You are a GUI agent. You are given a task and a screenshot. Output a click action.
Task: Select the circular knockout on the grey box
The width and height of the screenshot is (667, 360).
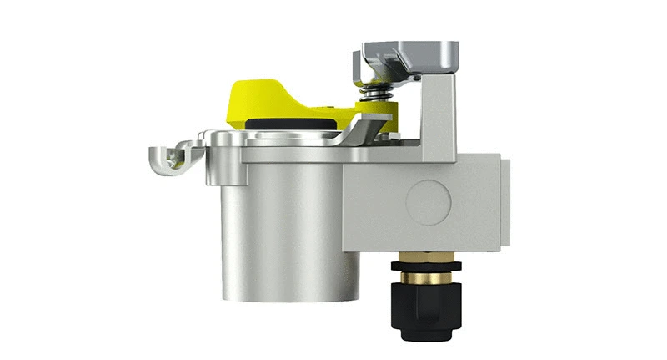tap(428, 200)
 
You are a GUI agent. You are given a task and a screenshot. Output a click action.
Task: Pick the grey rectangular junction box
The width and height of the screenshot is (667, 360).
tap(425, 200)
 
